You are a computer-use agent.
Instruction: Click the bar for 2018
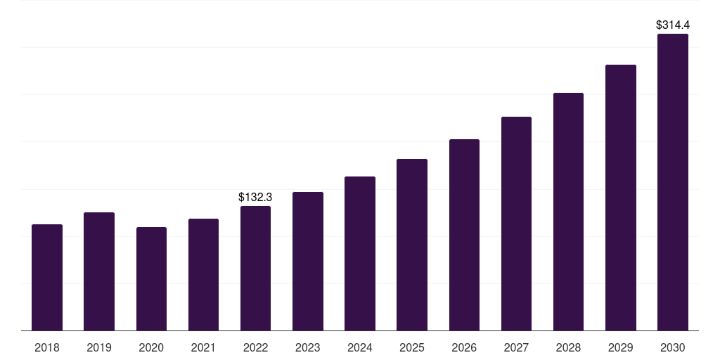tap(47, 278)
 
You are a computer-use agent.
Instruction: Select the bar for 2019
tap(99, 271)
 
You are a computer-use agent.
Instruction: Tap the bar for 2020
tap(151, 279)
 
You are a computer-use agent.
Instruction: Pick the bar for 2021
tap(203, 275)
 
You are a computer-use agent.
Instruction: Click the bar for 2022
tap(255, 269)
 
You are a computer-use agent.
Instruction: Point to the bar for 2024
tap(360, 254)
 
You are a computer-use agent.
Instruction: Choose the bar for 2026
tap(464, 235)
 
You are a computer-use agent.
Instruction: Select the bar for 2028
tap(568, 212)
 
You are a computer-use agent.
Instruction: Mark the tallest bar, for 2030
tap(673, 182)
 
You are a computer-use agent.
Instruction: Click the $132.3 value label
tap(255, 198)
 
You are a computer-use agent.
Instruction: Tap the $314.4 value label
tap(673, 25)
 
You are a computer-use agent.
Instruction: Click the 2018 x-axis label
tap(47, 347)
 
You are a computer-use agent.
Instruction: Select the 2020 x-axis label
tap(151, 347)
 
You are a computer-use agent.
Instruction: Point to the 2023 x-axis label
tap(308, 347)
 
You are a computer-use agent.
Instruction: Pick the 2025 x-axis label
tap(412, 347)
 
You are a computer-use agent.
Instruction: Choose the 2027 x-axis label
tap(516, 347)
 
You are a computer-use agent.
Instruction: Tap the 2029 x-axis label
tap(621, 347)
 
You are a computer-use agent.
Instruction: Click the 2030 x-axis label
tap(673, 347)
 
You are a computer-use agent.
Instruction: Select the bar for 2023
tap(308, 262)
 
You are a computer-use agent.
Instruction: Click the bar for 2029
tap(621, 198)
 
